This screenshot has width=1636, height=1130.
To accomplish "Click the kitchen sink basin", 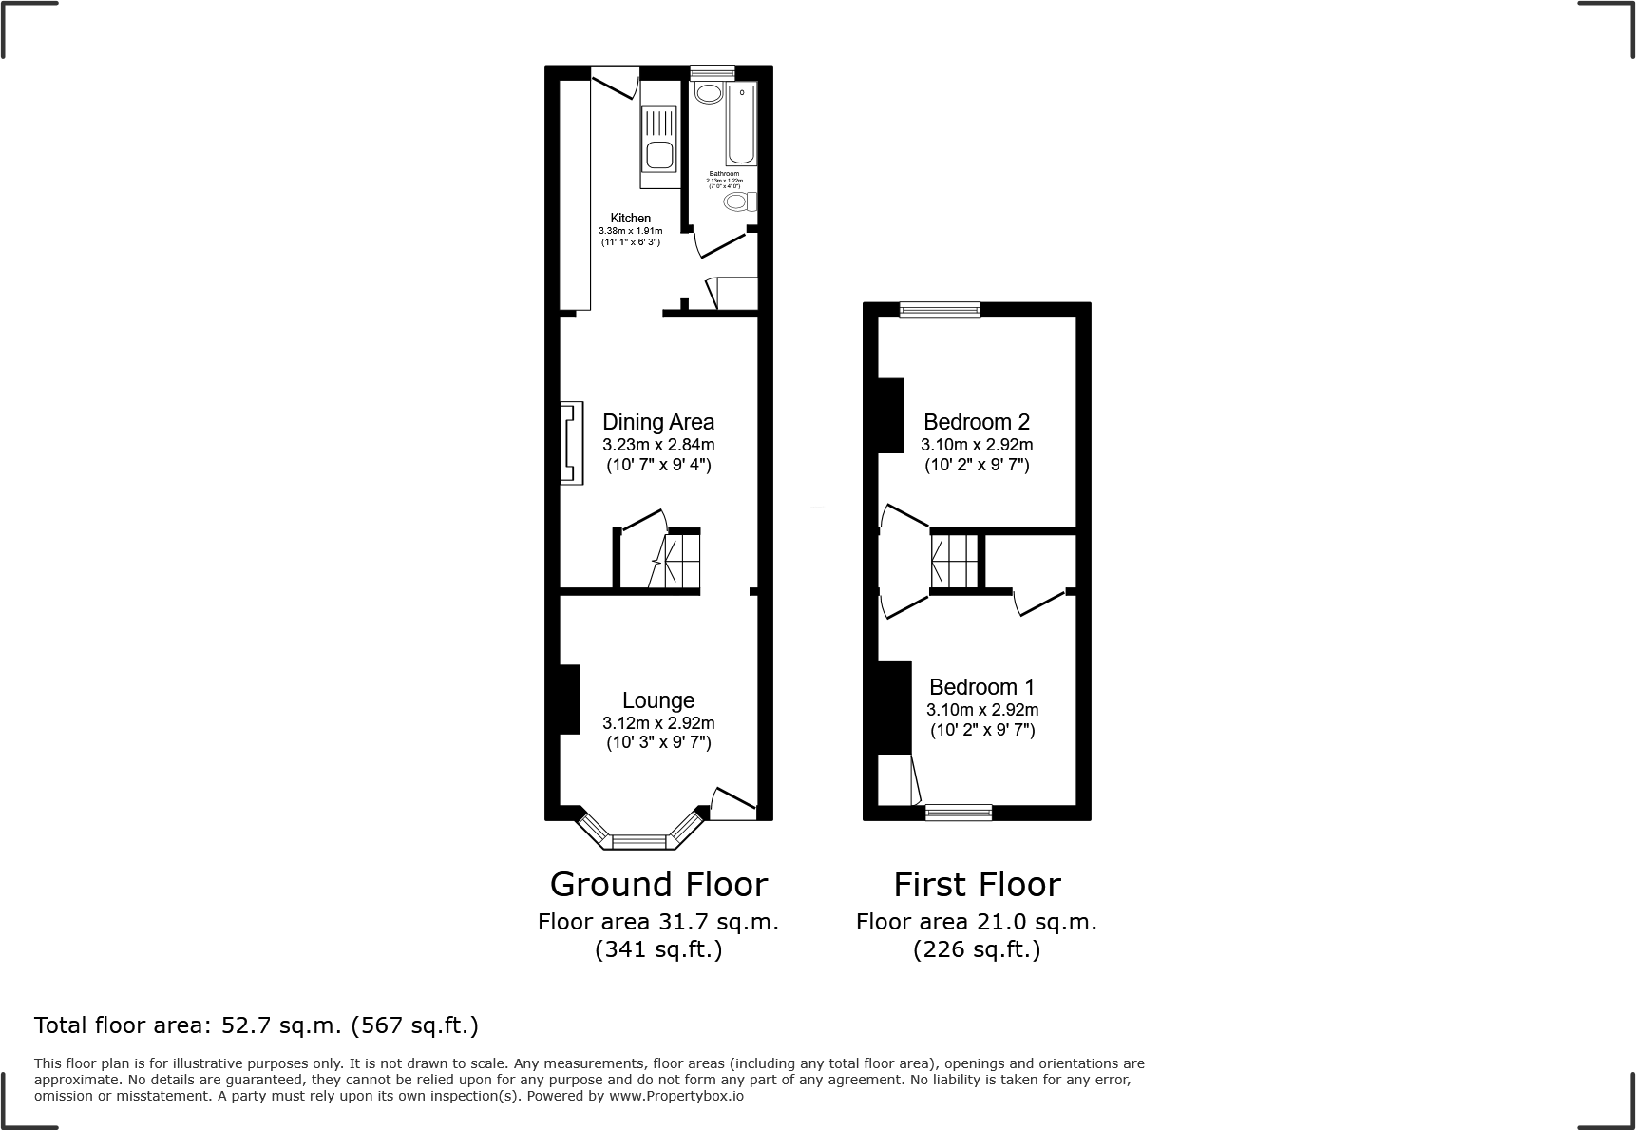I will [657, 155].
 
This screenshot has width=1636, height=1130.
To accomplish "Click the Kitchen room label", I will [631, 218].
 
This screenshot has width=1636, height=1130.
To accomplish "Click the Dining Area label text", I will [658, 421].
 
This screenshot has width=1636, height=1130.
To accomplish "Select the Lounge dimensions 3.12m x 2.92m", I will [658, 722].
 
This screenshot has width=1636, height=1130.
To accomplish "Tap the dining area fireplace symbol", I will [570, 443].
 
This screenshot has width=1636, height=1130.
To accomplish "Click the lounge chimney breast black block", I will [568, 699].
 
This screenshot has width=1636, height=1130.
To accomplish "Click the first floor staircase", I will [954, 561].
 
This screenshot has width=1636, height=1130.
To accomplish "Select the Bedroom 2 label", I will [977, 421].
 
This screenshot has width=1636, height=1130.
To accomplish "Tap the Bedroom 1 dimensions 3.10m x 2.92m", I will [982, 709].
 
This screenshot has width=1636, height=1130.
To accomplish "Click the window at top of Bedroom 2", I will [940, 309].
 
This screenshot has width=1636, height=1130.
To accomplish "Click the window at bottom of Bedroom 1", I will [959, 812].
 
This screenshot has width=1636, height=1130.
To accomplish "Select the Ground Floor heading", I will [658, 884].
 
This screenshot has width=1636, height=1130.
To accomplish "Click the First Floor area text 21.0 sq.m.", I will [977, 921].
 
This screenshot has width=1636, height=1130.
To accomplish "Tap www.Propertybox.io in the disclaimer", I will [675, 1096].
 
